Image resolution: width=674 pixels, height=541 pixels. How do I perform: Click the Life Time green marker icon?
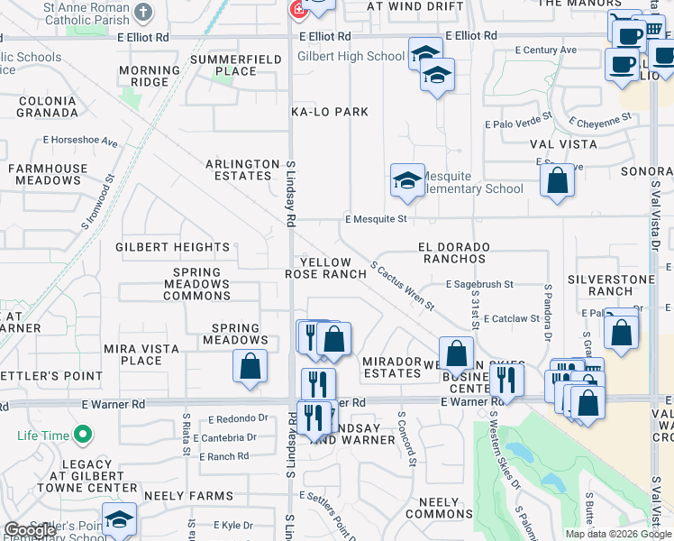[x=83, y=436]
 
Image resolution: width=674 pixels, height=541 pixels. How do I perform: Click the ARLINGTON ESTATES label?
[x=242, y=170]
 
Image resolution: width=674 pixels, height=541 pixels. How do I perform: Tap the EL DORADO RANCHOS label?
[x=454, y=252]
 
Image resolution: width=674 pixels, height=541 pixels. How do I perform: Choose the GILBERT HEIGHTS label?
[x=173, y=247]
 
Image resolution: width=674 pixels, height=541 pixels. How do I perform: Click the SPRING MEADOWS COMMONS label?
[x=196, y=284]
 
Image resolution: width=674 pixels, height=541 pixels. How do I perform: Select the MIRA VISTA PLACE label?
[x=141, y=354]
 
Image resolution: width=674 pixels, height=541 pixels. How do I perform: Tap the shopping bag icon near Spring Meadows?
[x=250, y=366]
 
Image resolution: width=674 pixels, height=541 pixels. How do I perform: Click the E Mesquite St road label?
[x=376, y=218]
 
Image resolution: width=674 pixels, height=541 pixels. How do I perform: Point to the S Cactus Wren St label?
[x=403, y=286]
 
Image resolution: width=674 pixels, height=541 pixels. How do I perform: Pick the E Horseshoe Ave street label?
[x=80, y=142]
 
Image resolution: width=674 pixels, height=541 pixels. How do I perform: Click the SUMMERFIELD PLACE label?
[x=223, y=66]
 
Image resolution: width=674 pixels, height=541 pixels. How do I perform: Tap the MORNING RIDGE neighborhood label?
[x=150, y=76]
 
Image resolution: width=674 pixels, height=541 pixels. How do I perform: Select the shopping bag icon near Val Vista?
[x=558, y=179]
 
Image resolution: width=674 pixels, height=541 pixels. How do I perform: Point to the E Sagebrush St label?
[x=478, y=284]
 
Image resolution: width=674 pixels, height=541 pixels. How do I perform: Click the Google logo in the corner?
[x=30, y=531]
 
